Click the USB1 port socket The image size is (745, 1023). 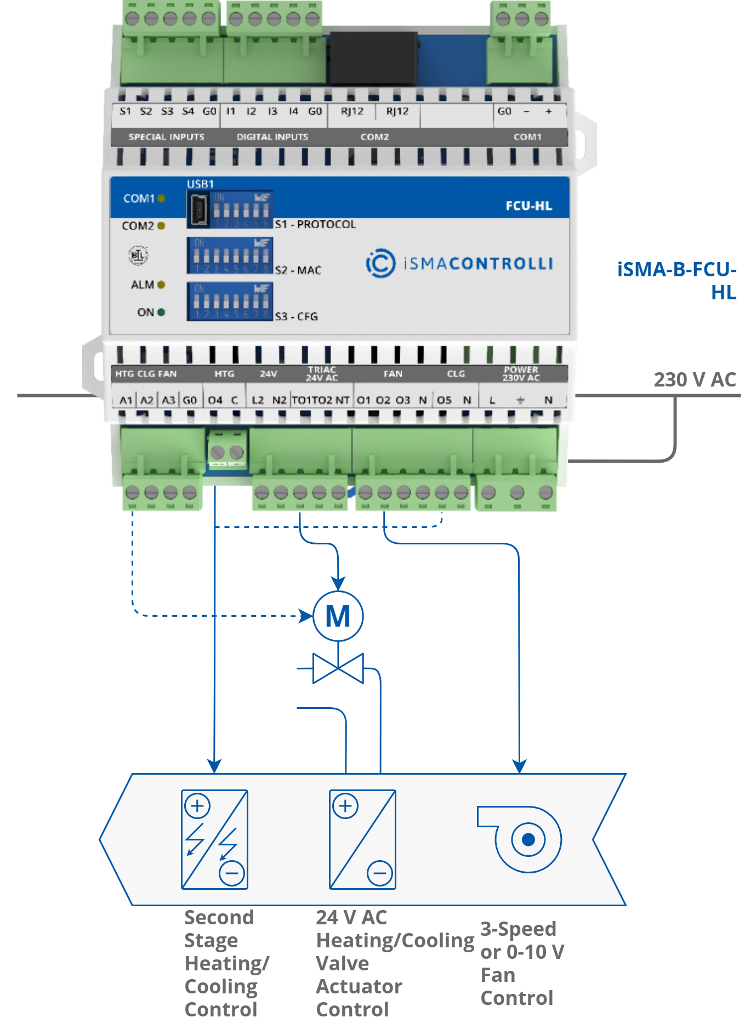pos(199,209)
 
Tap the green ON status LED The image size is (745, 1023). pos(161,312)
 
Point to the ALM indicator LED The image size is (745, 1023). pos(161,285)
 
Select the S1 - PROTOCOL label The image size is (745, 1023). pos(315,224)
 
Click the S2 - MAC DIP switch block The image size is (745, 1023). pos(230,255)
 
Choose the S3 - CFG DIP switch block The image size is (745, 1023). pos(230,302)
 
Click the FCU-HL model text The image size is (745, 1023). pos(528,206)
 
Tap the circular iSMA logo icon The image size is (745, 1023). pos(380,263)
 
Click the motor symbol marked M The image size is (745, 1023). pos(338,616)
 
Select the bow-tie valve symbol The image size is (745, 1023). pos(338,668)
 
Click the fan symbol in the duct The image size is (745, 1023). pos(524,839)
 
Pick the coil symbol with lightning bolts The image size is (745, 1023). pos(214,839)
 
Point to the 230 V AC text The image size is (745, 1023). pos(694,379)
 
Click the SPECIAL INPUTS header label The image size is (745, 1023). pos(166,137)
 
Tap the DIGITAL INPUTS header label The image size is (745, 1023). pos(272,137)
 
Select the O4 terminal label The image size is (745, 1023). pos(215,400)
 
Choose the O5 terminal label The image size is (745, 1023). pos(444,400)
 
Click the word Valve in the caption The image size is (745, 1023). pos(342,963)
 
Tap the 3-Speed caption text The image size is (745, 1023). pos(518,929)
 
